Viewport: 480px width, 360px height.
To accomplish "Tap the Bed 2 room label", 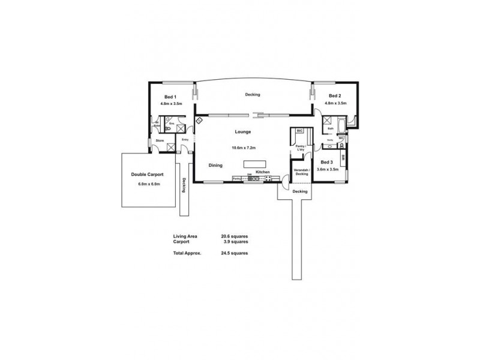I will pyautogui.click(x=335, y=96).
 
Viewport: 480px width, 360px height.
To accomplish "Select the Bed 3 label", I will pyautogui.click(x=327, y=162).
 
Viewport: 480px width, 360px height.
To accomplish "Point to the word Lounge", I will pyautogui.click(x=243, y=132).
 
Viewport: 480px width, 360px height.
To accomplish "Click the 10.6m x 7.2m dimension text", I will pyautogui.click(x=244, y=147).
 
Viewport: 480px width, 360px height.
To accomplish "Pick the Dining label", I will pyautogui.click(x=216, y=165).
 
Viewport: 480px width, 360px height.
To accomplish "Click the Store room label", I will pyautogui.click(x=160, y=140).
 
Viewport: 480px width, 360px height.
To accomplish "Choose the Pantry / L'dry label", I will pyautogui.click(x=300, y=147).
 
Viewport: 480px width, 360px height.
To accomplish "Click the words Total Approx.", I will pyautogui.click(x=187, y=253).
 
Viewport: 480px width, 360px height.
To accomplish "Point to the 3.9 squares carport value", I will pyautogui.click(x=235, y=242).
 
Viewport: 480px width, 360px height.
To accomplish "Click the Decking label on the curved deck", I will pyautogui.click(x=252, y=94).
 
